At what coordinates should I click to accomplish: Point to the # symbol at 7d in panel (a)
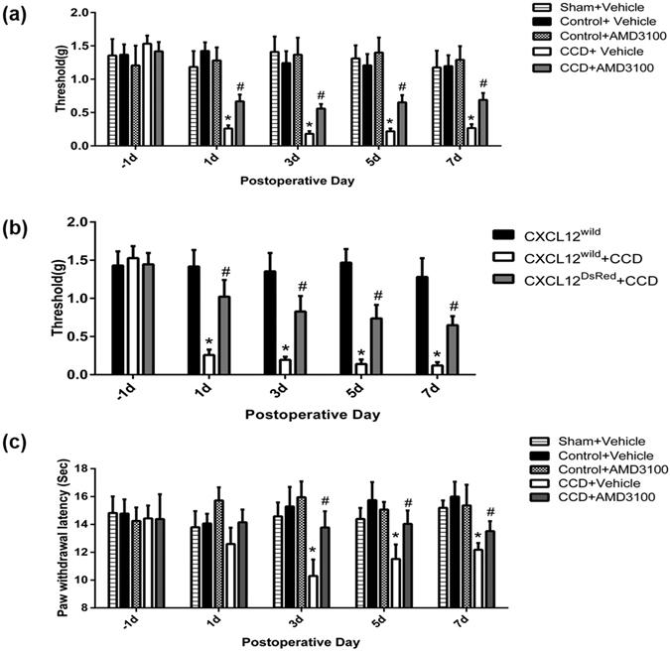(x=483, y=83)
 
